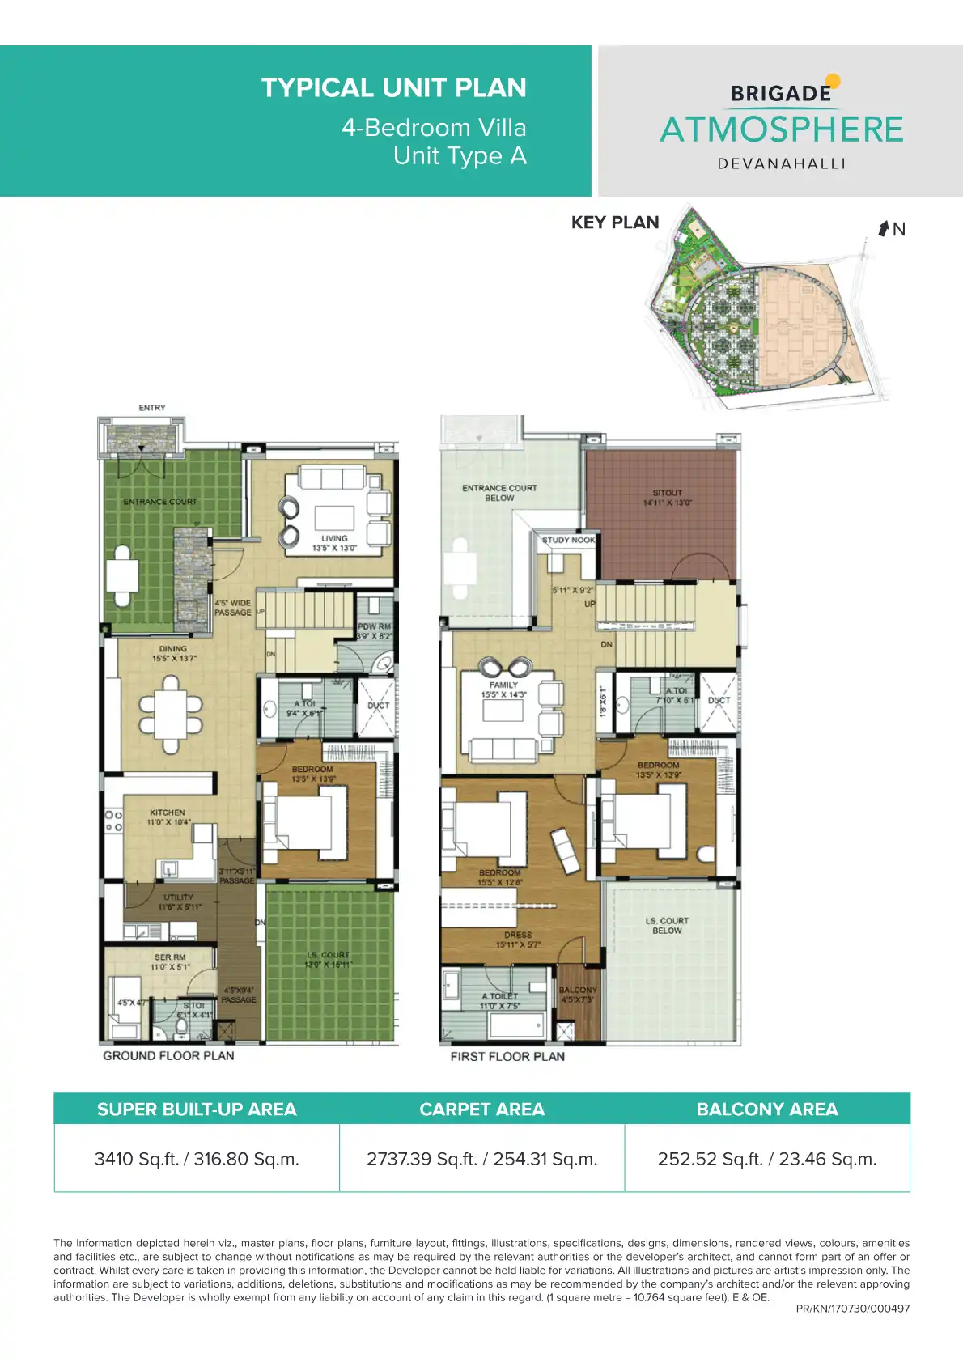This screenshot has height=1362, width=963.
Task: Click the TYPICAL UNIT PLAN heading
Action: click(x=393, y=87)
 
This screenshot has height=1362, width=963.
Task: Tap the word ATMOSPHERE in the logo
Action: click(x=781, y=129)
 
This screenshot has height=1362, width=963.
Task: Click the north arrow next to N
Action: click(x=884, y=228)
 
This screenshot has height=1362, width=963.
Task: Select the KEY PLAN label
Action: click(x=615, y=223)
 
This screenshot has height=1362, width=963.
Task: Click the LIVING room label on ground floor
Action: click(x=334, y=538)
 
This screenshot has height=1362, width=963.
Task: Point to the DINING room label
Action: click(x=173, y=649)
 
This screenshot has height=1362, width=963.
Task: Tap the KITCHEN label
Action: click(x=168, y=813)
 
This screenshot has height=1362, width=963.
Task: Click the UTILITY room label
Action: click(x=178, y=897)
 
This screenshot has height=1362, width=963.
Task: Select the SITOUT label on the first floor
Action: click(x=667, y=493)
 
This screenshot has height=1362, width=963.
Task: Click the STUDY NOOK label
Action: click(x=568, y=540)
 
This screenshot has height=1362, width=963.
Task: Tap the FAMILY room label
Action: click(x=503, y=685)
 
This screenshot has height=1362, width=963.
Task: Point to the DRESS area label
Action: click(x=518, y=935)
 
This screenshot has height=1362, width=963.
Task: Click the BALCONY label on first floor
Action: click(x=578, y=990)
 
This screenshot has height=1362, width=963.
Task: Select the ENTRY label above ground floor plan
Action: click(x=152, y=408)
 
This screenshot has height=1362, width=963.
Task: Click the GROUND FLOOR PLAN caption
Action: click(x=168, y=1056)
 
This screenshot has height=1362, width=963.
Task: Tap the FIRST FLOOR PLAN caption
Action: click(x=507, y=1056)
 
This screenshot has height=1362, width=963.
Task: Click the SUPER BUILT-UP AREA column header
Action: click(x=197, y=1110)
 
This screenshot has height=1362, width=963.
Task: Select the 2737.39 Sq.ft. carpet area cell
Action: click(x=481, y=1159)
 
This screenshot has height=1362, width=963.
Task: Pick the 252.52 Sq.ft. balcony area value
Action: click(x=766, y=1159)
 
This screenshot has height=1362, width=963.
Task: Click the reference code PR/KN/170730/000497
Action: click(x=852, y=1309)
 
